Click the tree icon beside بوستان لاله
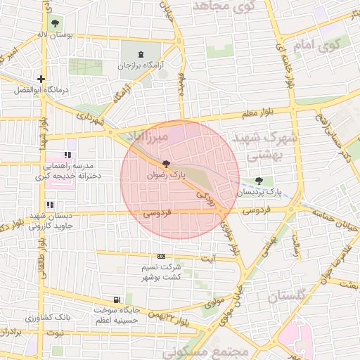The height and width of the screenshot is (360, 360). [x=56, y=23]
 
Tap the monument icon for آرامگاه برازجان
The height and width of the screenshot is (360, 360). [x=143, y=54]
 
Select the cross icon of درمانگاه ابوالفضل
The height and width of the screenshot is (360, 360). [x=42, y=79]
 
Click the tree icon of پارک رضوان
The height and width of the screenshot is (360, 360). [x=165, y=165]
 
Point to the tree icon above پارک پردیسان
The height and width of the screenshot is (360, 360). [x=268, y=180]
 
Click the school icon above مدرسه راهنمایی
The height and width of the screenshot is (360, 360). [x=68, y=155]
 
